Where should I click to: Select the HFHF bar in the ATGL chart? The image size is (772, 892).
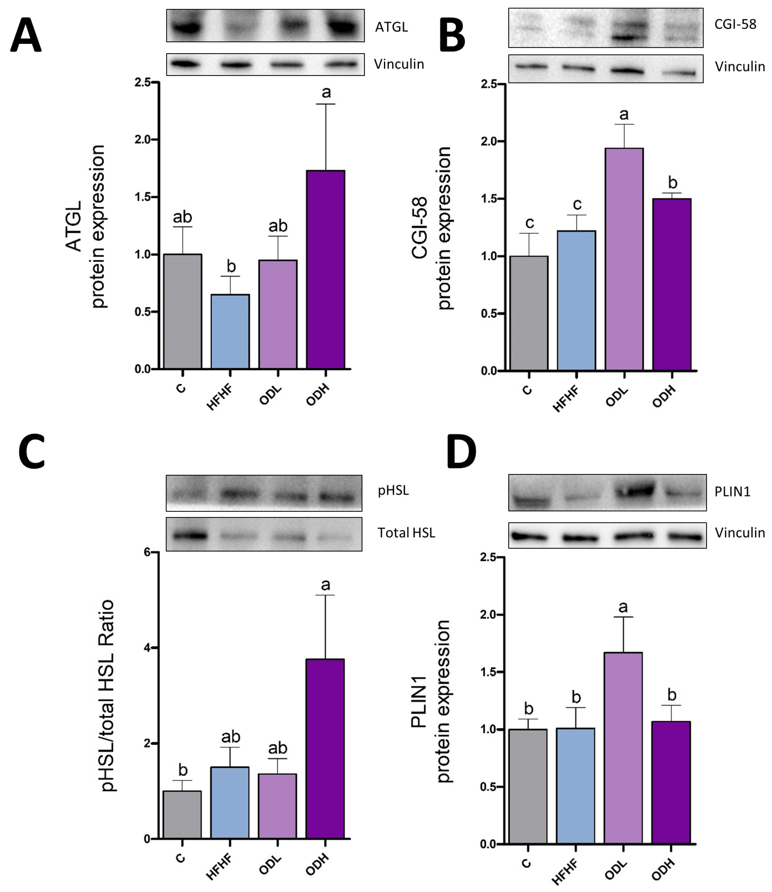(230, 331)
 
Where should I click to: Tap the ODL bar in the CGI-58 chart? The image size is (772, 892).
(624, 259)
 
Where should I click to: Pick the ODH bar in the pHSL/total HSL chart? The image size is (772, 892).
(325, 749)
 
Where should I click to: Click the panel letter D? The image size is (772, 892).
(461, 451)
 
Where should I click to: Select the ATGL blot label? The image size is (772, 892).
(391, 27)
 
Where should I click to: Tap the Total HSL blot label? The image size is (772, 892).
(406, 533)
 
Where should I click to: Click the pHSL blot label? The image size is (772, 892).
(393, 490)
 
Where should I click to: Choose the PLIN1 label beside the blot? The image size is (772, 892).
(732, 491)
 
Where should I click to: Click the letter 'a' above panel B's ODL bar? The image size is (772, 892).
(624, 115)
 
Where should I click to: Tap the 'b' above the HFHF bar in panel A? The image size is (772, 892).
(231, 267)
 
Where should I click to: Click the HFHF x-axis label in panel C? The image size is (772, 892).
(220, 867)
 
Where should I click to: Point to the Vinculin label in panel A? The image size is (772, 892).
(399, 64)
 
